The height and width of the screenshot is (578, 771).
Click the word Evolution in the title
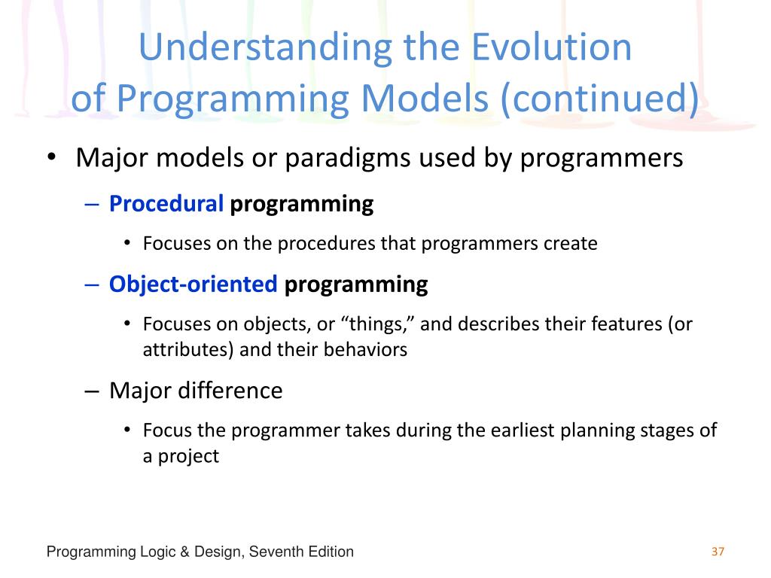click(552, 47)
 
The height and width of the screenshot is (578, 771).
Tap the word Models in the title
click(425, 98)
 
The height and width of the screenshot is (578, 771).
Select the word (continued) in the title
click(600, 99)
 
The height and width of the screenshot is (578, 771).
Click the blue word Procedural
click(166, 203)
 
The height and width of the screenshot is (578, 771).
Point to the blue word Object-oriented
click(194, 284)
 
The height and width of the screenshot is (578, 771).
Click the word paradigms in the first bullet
click(348, 159)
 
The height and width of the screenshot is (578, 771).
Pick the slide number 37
click(718, 552)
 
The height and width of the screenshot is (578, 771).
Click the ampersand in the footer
click(185, 552)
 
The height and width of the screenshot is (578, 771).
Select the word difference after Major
click(230, 391)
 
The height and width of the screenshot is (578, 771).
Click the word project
click(188, 457)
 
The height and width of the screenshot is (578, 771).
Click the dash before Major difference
click(92, 391)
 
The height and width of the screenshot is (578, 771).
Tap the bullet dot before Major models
click(51, 158)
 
